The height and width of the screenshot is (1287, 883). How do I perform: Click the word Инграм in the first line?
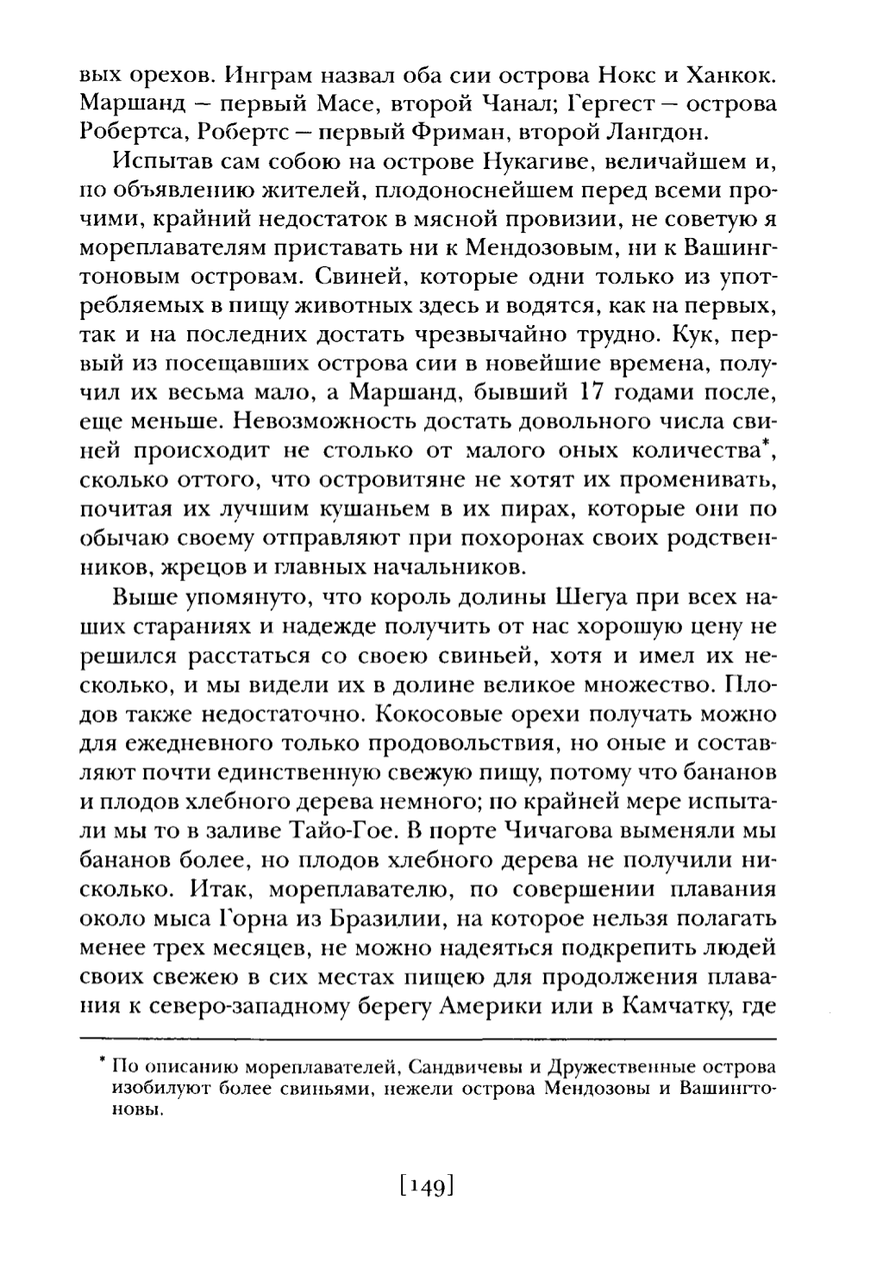(263, 74)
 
